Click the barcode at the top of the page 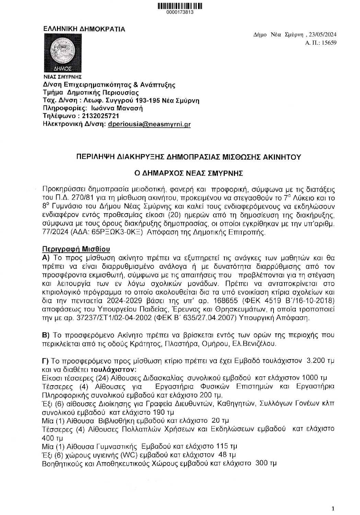click(x=180, y=6)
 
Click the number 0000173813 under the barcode click(x=180, y=12)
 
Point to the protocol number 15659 click(x=329, y=43)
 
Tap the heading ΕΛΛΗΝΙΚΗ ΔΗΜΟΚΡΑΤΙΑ click(x=84, y=29)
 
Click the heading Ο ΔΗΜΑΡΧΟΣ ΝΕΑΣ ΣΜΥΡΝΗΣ click(x=188, y=173)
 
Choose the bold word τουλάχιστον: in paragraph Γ click(x=113, y=370)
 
